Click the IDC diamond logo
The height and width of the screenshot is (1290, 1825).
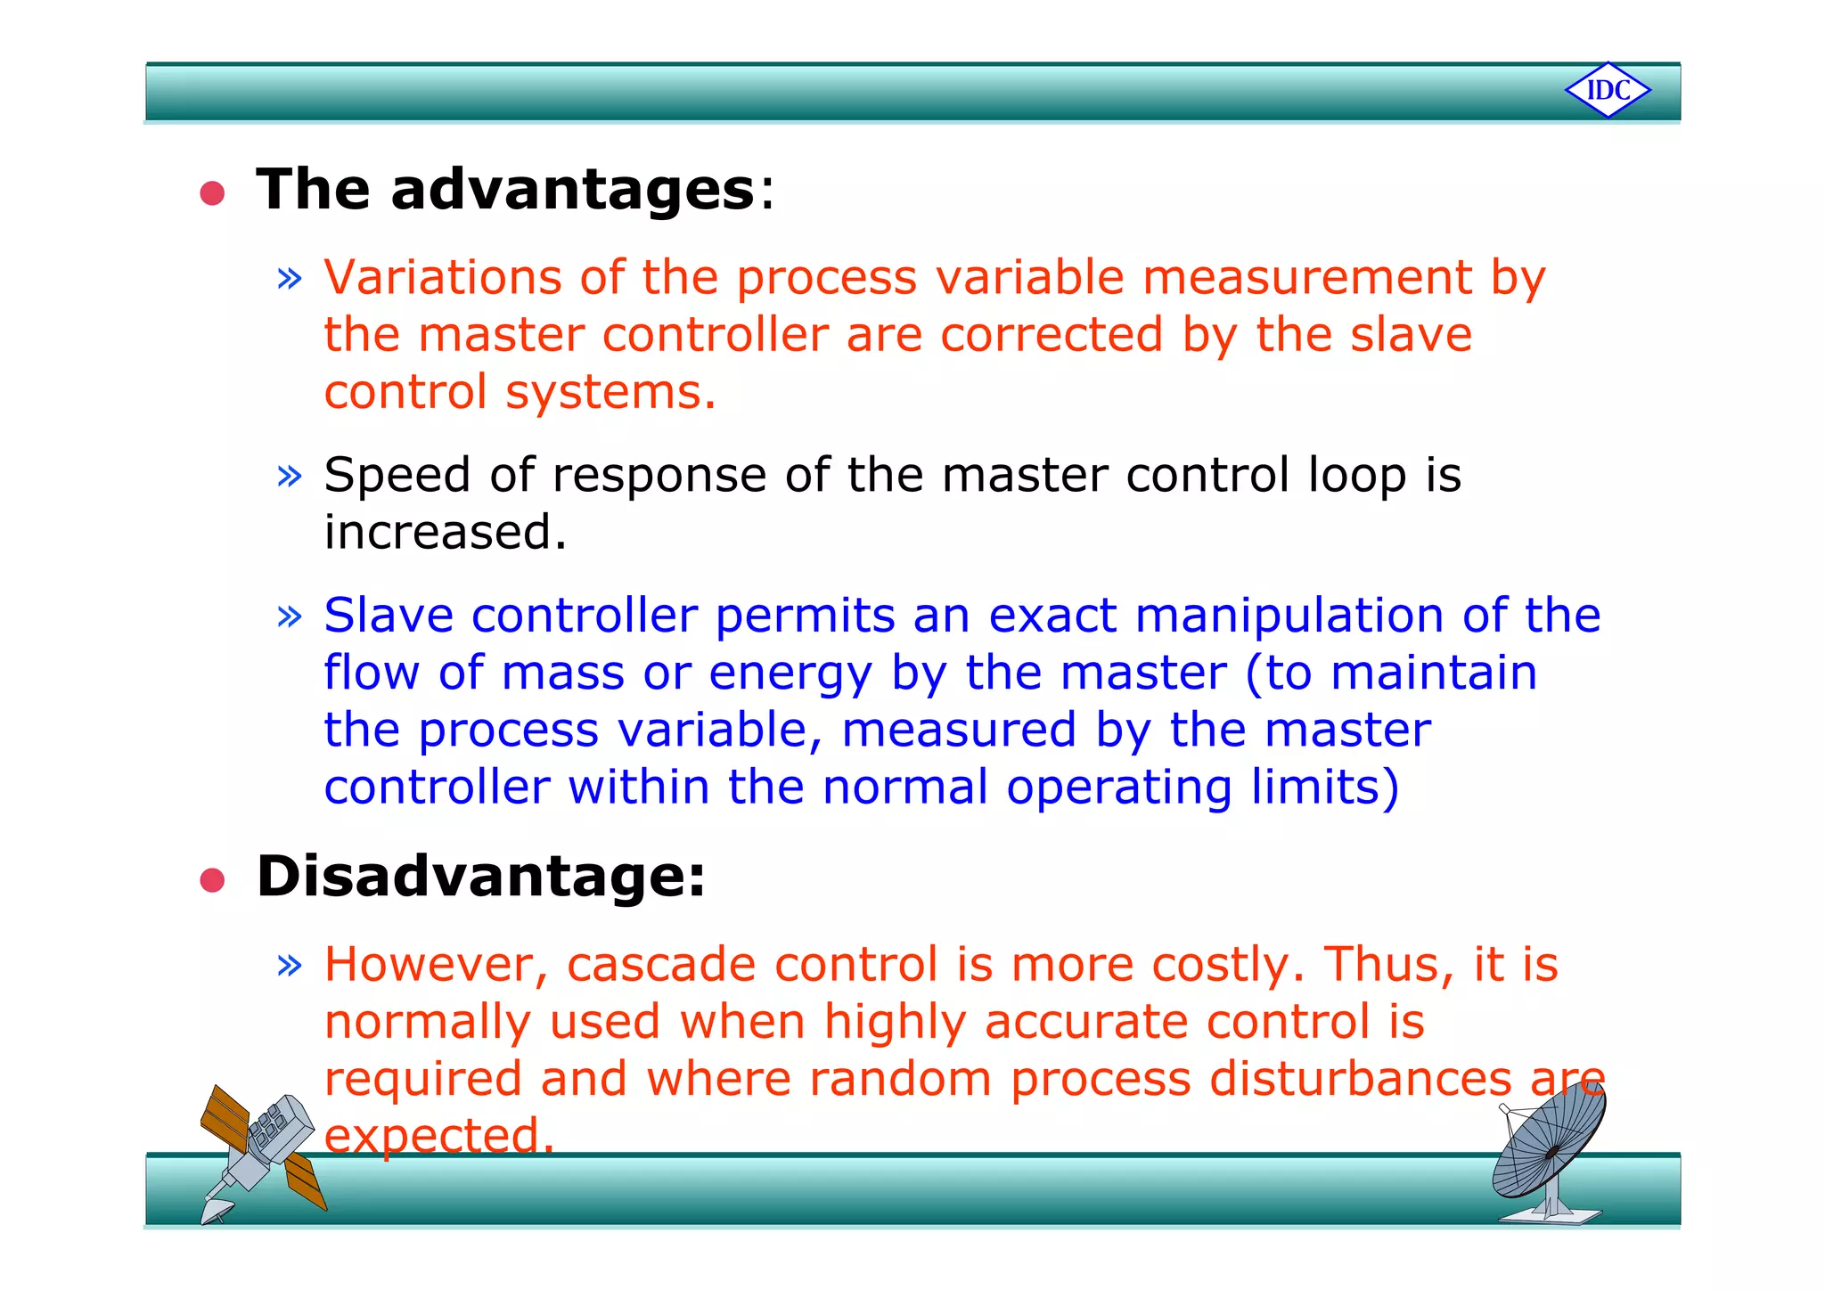pos(1608,90)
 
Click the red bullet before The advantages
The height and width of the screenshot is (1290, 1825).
pos(212,192)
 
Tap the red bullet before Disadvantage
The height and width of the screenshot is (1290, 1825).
pos(212,880)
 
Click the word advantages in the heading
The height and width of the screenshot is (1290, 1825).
pos(572,190)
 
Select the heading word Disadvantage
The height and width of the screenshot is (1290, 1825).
pos(481,877)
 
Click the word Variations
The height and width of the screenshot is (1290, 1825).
pos(442,277)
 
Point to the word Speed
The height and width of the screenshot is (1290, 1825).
pos(397,475)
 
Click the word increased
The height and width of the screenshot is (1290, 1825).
pos(444,533)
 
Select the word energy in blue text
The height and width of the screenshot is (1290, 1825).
pos(790,674)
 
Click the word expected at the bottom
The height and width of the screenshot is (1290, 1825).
pos(438,1136)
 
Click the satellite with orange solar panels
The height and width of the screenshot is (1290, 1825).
pos(261,1149)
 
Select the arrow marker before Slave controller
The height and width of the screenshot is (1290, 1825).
pos(290,616)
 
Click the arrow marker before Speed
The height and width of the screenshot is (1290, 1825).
pos(290,476)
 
